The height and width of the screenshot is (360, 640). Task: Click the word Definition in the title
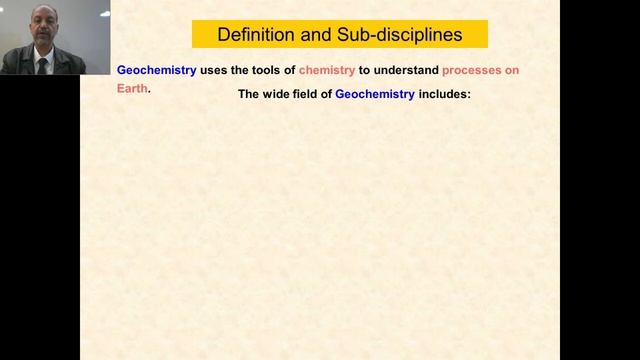tap(258, 35)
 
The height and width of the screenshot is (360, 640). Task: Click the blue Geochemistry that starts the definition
tap(156, 71)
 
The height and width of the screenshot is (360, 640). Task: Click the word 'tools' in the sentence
tap(267, 71)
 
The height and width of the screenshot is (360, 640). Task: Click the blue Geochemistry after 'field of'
tap(385, 95)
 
